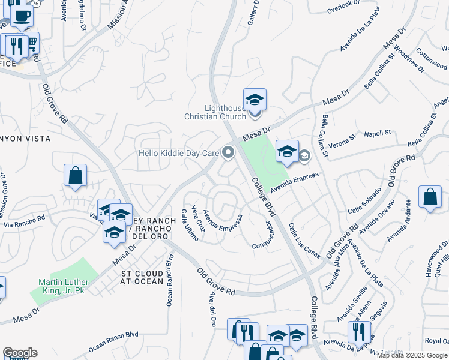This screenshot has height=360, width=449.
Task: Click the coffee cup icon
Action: pyautogui.click(x=22, y=16)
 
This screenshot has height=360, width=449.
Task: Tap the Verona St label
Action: pyautogui.click(x=343, y=139)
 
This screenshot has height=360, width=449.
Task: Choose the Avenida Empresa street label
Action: pyautogui.click(x=293, y=182)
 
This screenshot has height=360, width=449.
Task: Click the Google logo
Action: pyautogui.click(x=20, y=353)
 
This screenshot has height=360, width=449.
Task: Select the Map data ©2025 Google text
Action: pyautogui.click(x=412, y=355)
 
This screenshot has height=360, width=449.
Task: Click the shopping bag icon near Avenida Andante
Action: pyautogui.click(x=430, y=197)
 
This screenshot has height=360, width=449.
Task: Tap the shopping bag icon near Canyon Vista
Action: pyautogui.click(x=76, y=176)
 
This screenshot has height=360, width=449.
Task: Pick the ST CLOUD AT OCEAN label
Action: pyautogui.click(x=142, y=277)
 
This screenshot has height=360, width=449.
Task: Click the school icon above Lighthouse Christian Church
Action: pyautogui.click(x=255, y=99)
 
